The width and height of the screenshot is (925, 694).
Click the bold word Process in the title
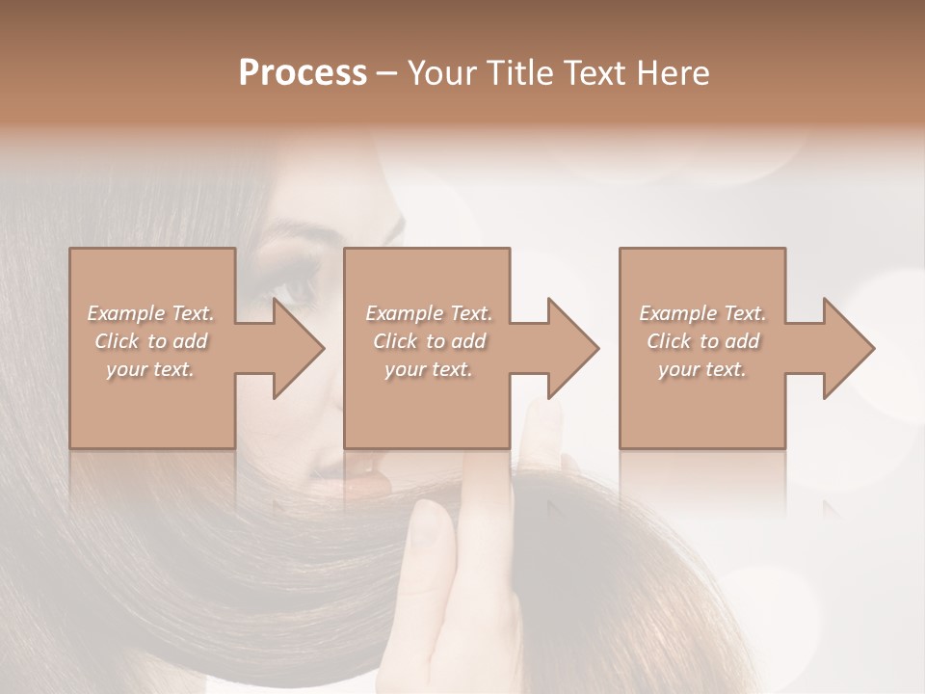[x=303, y=73]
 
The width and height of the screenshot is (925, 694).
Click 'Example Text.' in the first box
[x=150, y=313]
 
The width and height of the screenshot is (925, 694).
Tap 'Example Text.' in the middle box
[x=428, y=313]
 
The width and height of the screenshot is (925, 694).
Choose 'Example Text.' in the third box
[x=702, y=313]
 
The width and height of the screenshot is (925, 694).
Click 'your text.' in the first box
[x=150, y=369]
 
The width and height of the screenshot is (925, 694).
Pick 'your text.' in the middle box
[x=428, y=369]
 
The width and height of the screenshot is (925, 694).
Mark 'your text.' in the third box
[x=702, y=369]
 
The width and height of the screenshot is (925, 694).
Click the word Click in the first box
[x=117, y=341]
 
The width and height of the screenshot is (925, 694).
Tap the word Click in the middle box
[x=395, y=341]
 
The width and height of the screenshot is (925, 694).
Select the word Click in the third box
[x=670, y=341]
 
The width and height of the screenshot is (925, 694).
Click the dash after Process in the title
[x=387, y=74]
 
